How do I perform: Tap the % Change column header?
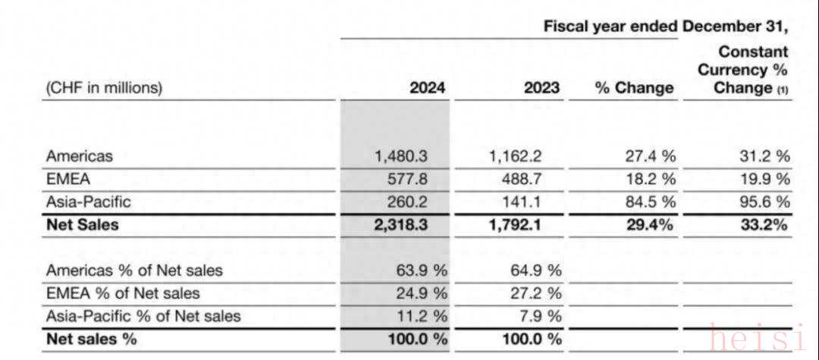point(634,87)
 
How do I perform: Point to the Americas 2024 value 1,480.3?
point(401,156)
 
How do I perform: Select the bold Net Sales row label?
point(82,224)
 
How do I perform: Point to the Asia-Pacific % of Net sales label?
point(143,316)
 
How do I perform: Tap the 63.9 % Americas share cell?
point(418,271)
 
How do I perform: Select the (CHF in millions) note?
point(104,87)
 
